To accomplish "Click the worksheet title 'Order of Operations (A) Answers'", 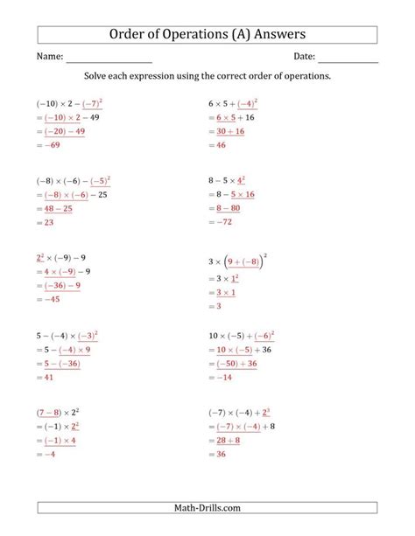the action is pos(207,34).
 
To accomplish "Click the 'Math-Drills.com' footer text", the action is pos(207,507).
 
